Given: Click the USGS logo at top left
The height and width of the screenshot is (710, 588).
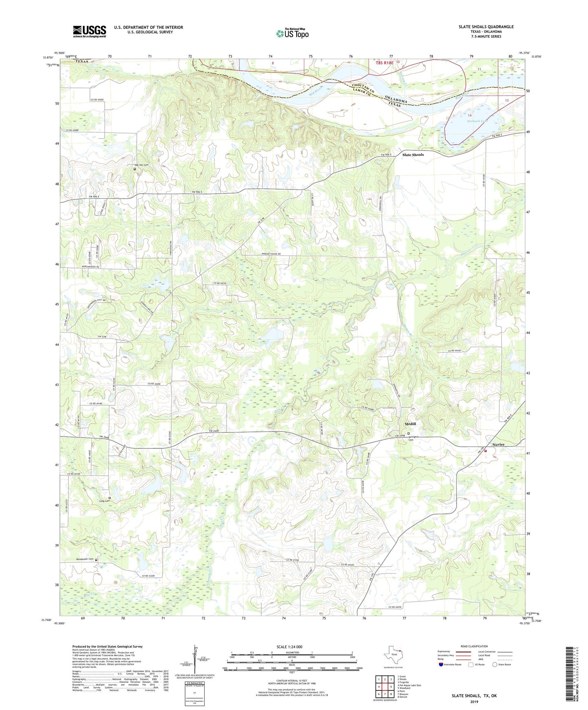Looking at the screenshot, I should coord(89,31).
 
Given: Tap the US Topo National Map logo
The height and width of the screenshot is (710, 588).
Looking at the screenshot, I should coord(292,33).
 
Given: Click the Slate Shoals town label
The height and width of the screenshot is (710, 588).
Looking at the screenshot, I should coord(413,155).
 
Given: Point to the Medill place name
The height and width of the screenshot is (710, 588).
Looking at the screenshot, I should coord(410,424).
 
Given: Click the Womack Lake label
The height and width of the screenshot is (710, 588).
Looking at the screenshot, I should coord(478,121).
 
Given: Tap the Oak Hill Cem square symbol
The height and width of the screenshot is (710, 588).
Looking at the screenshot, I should coord(135,169).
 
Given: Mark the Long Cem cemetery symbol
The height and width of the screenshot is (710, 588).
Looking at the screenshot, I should coord(109,498).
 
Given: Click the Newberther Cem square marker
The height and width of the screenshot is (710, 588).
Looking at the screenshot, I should coord(96,560).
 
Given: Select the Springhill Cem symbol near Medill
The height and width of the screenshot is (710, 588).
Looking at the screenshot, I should coord(409,433).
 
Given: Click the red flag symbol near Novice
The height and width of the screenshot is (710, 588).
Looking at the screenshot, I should coord(485,451).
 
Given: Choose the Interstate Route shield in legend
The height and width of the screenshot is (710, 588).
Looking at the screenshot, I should coord(442,664).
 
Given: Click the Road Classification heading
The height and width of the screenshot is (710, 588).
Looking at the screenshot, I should coord(474,646).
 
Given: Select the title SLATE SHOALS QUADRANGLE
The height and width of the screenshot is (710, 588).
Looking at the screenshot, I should coord(486,27).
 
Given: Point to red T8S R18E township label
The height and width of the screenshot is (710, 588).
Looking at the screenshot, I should coord(385,63).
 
